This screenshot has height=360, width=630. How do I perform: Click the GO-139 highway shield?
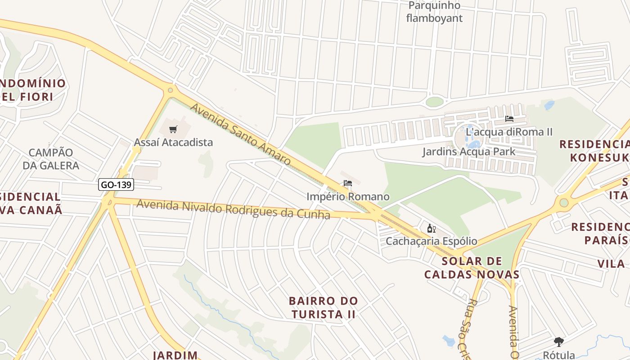(x=116, y=184)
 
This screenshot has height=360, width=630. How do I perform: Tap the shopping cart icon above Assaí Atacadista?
(x=173, y=130)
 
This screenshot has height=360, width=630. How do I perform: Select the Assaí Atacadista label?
(x=173, y=142)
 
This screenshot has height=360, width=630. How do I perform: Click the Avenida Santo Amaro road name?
(x=240, y=134)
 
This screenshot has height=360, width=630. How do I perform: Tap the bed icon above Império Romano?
(x=347, y=183)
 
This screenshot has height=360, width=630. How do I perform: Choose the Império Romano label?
(x=348, y=197)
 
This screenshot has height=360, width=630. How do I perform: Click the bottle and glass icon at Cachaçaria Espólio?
(x=431, y=229)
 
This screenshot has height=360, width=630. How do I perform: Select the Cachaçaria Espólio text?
(x=431, y=241)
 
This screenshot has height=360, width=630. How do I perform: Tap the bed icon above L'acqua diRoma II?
(x=509, y=119)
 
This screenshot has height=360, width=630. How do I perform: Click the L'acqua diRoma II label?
(x=509, y=132)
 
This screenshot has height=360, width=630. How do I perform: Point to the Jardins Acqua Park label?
(x=468, y=152)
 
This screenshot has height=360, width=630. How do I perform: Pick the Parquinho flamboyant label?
(x=434, y=12)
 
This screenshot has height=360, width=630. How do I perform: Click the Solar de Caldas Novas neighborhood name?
(x=472, y=268)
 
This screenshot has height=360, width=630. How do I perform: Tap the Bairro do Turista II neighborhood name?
(x=323, y=307)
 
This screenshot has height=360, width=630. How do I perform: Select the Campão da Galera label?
(x=51, y=159)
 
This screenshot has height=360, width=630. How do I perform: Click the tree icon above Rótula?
(x=559, y=342)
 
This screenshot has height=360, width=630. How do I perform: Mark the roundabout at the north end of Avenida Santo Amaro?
(x=170, y=90)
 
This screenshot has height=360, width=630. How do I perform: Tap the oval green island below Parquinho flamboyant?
(x=434, y=102)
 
